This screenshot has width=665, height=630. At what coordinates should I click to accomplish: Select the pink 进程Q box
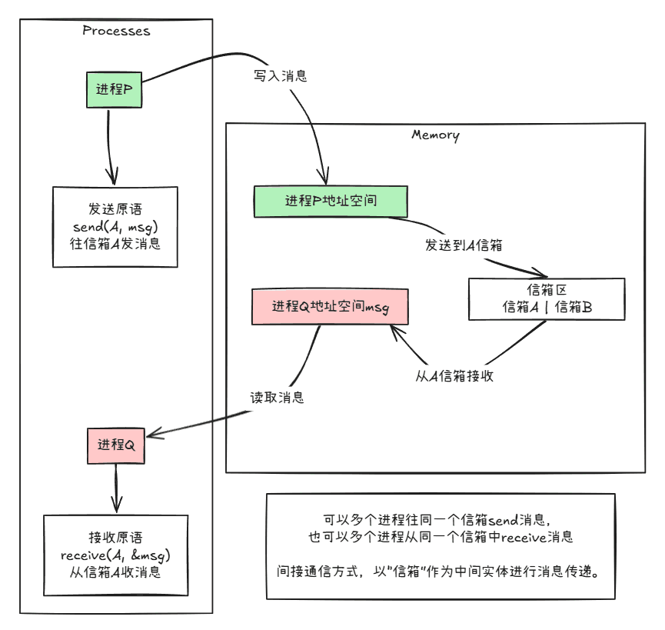coord(116,445)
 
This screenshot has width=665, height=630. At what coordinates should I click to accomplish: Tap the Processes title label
coord(116,32)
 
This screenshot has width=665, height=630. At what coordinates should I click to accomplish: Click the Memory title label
coord(435,135)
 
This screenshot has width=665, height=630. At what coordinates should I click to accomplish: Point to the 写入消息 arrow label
coord(281,76)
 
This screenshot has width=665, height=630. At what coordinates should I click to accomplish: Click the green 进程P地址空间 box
coord(331,201)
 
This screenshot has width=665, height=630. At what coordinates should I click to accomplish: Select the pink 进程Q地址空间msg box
coord(331,306)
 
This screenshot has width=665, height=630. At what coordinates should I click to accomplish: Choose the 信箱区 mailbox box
coord(547,298)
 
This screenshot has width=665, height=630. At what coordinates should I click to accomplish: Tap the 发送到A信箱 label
coord(464,245)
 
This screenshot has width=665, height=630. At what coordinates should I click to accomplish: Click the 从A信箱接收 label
coord(454,375)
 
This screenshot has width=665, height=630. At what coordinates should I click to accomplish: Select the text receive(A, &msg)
coord(115,555)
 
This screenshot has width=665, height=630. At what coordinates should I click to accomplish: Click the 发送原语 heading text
coord(115,209)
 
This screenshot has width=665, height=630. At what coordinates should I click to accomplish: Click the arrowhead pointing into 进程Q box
coord(150,435)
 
